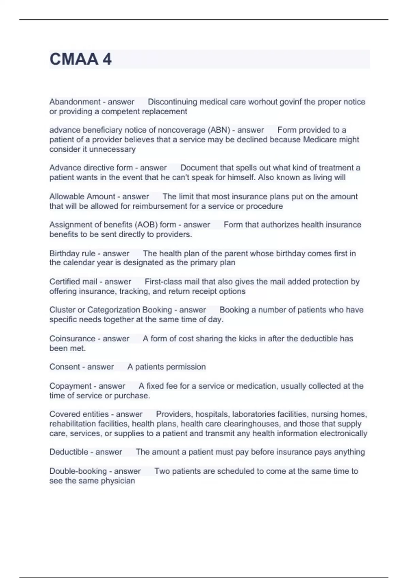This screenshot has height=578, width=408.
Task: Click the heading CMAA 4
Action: click(x=81, y=59)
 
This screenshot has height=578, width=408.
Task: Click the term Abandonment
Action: click(x=75, y=102)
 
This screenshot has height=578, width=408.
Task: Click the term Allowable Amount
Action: click(x=82, y=197)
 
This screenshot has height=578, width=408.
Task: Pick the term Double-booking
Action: click(x=78, y=471)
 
